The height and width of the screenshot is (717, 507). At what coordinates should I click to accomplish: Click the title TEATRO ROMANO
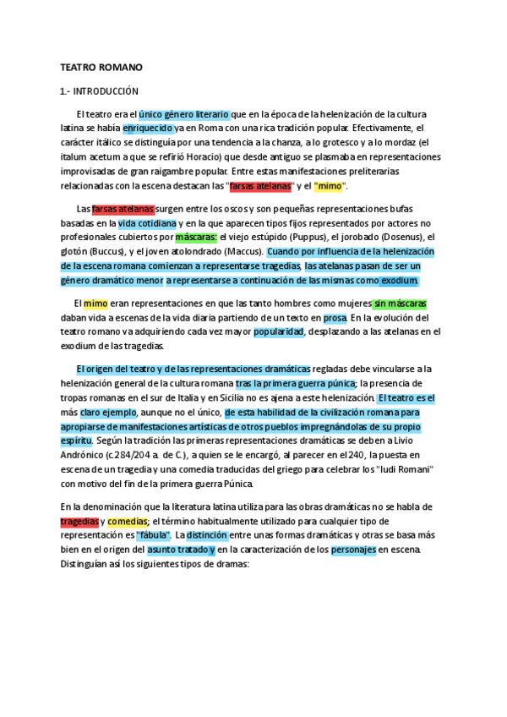(101, 67)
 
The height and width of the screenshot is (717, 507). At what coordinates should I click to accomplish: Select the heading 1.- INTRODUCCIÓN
(98, 91)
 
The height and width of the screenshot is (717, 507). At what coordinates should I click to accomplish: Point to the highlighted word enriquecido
(149, 129)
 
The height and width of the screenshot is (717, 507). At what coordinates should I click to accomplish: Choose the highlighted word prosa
(335, 318)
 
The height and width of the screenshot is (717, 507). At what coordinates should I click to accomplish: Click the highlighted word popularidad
(278, 332)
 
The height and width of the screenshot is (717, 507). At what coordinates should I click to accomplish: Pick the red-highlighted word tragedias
(79, 521)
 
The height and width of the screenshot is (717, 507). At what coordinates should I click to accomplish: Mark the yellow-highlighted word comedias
(127, 521)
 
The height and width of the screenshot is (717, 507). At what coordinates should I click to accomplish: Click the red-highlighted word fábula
(154, 535)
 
